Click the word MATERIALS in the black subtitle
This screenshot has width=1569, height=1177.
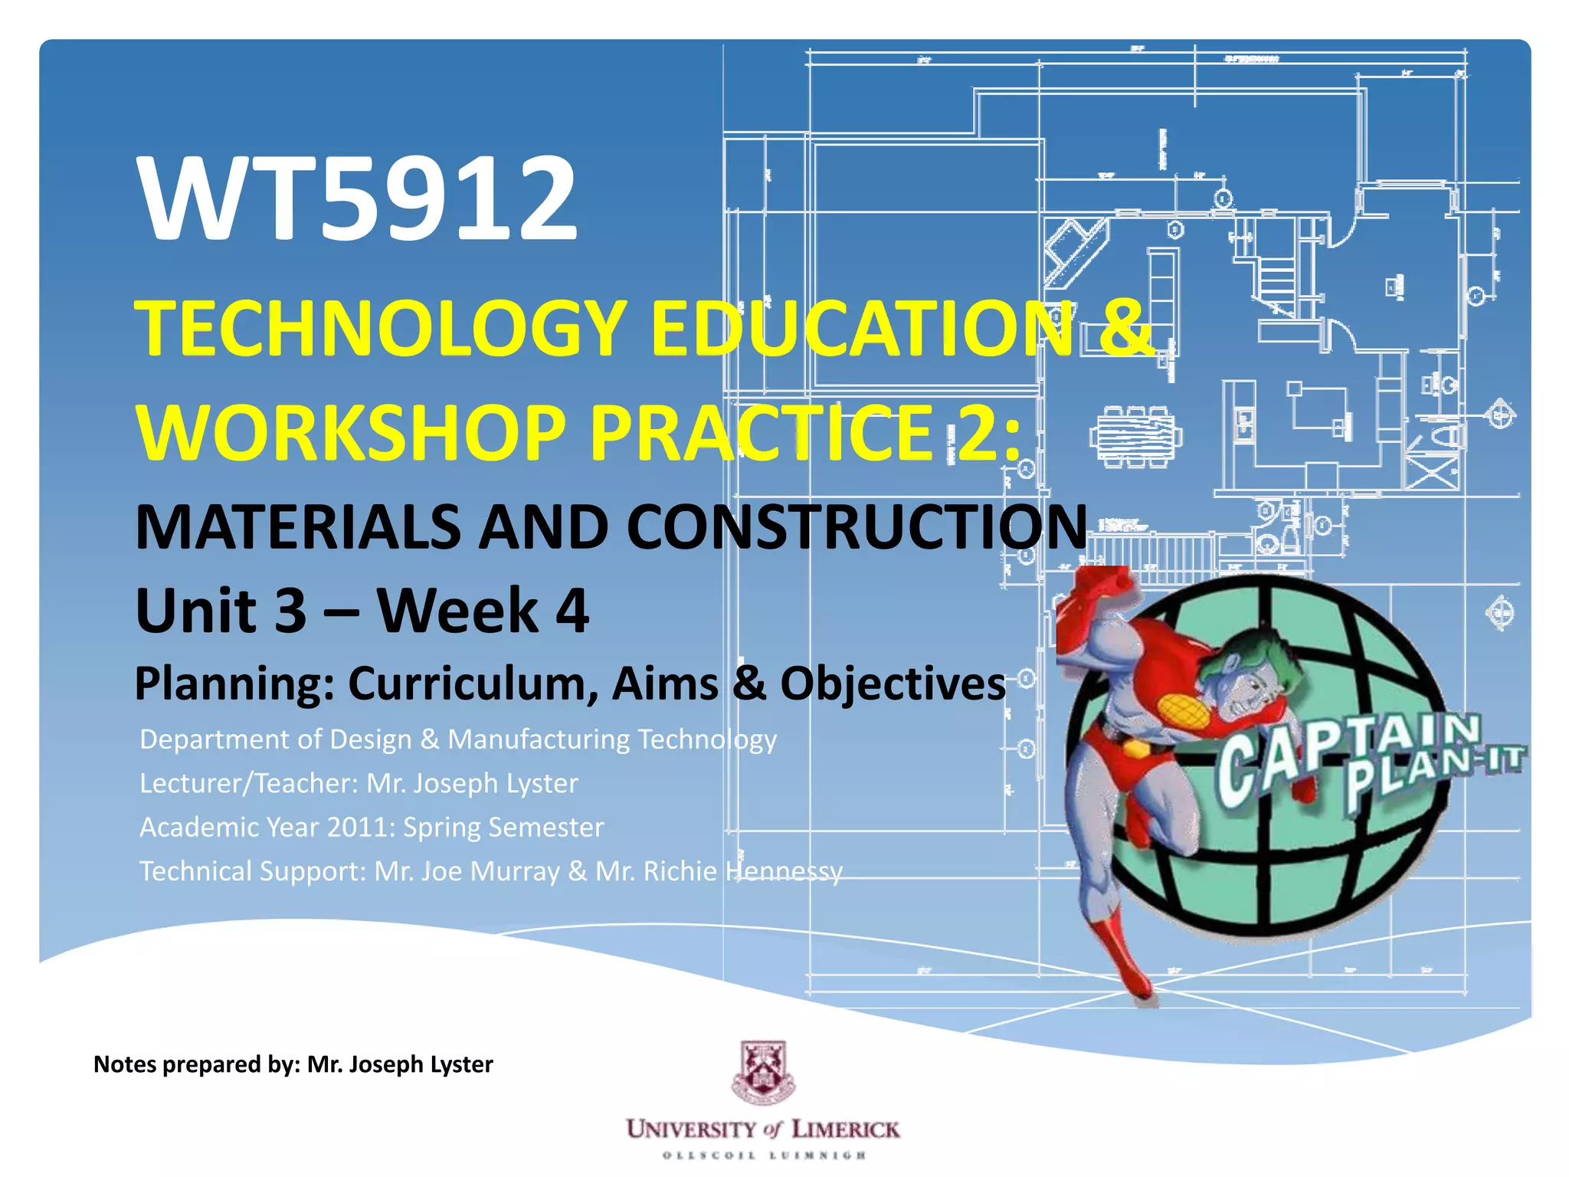[x=296, y=527]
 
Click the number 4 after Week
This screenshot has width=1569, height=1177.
[x=572, y=611]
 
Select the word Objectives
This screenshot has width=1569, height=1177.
[x=893, y=684]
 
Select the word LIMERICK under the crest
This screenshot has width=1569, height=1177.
[x=845, y=1129]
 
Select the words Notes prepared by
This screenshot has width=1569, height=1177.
[x=196, y=1064]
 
